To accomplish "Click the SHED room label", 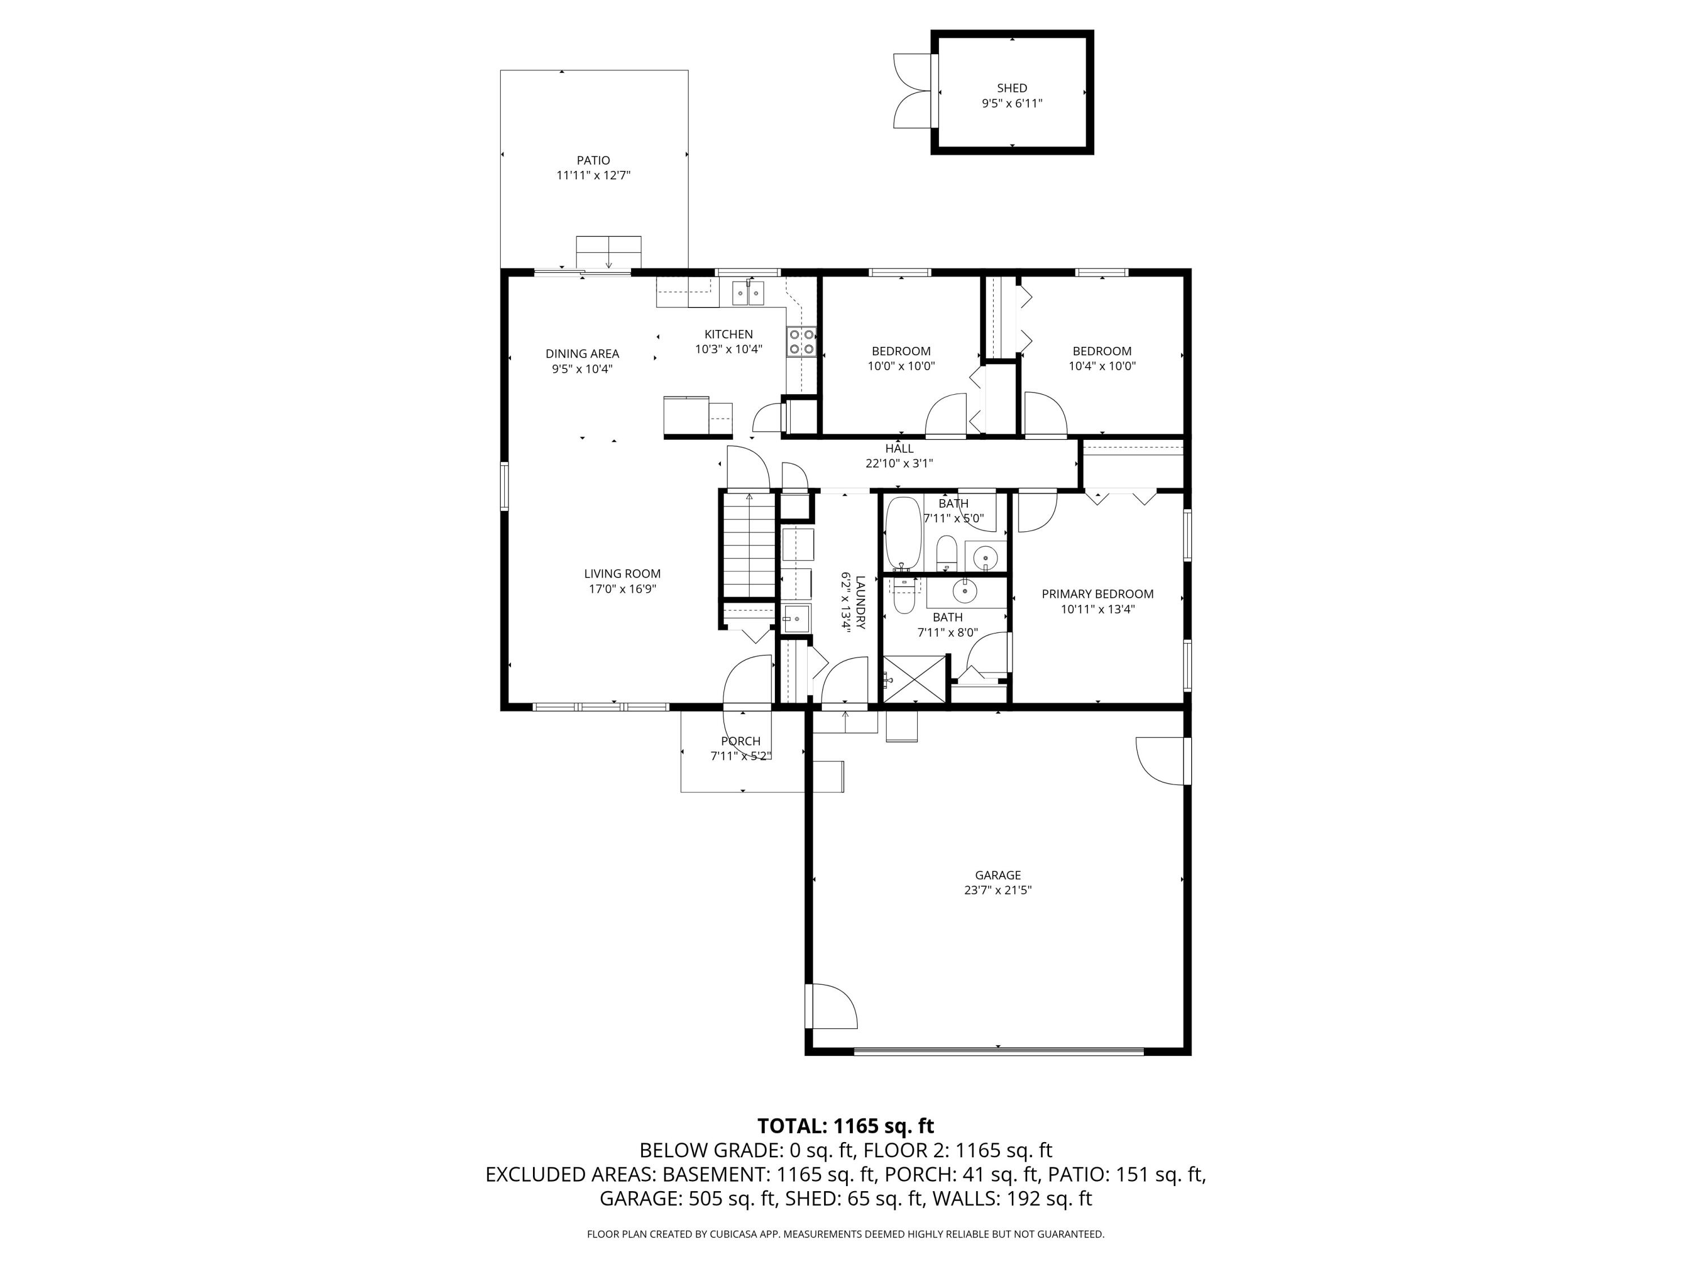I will click(x=1011, y=88).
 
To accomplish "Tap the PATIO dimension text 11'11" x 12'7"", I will click(x=593, y=175).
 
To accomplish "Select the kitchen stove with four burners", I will click(x=801, y=342).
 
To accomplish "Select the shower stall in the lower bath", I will click(x=915, y=678).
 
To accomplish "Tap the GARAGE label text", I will click(x=998, y=875).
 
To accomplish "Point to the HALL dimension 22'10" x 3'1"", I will click(x=899, y=464).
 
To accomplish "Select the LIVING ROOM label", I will click(x=622, y=574).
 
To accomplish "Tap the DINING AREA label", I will click(x=582, y=354).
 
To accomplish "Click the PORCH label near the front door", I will click(x=741, y=741).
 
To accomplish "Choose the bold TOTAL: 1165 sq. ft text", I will click(x=845, y=1126).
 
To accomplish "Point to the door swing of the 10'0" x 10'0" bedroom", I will click(x=947, y=416).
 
